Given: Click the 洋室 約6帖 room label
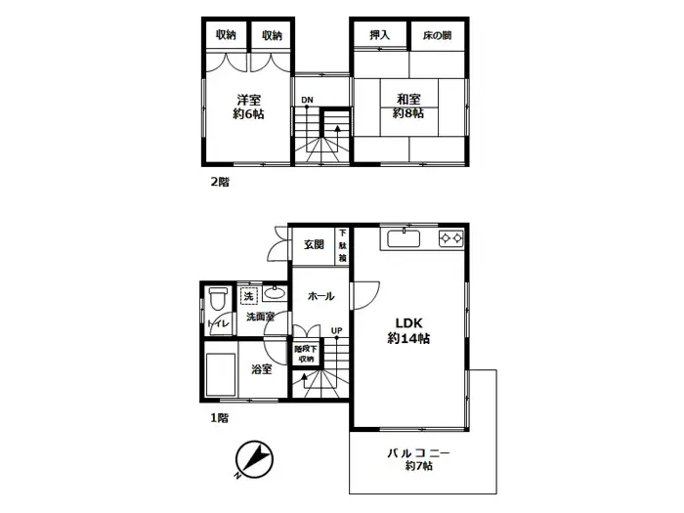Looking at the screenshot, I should [248, 107].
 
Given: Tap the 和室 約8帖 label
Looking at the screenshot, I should [408, 107].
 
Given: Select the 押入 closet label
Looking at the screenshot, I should [380, 35].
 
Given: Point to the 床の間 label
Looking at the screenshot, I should [437, 35].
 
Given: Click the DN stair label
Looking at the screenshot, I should [307, 100].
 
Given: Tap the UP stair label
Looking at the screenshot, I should [336, 330].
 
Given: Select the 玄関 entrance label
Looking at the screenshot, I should [313, 244].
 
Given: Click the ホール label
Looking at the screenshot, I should [321, 296].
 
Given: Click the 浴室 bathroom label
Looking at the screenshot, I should [261, 368].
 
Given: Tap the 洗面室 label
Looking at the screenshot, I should [259, 317].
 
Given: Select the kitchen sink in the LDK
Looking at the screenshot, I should [403, 238].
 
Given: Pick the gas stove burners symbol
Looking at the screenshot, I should [450, 237].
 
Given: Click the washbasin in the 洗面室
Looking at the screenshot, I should [275, 293].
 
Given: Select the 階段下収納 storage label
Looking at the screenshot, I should [306, 354].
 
